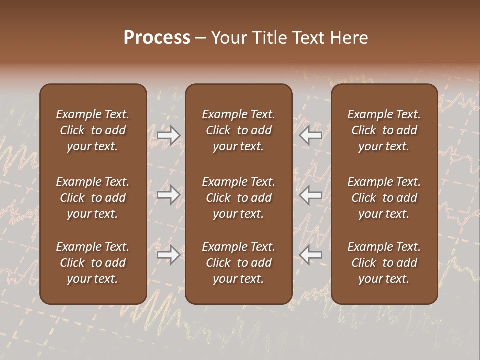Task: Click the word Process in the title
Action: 157,38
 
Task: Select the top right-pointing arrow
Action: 169,135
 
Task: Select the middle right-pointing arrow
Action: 169,195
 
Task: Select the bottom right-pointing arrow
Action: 169,255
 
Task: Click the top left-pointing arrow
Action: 311,135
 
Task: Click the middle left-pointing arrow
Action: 311,195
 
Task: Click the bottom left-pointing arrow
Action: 311,255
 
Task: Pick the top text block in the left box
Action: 93,130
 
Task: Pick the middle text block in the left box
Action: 93,198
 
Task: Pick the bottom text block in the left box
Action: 93,263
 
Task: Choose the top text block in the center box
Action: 239,130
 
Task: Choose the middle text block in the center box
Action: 239,198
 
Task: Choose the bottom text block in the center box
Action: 239,263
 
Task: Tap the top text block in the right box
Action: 384,130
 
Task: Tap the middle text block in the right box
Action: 384,198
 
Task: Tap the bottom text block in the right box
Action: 384,263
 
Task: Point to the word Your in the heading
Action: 228,38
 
